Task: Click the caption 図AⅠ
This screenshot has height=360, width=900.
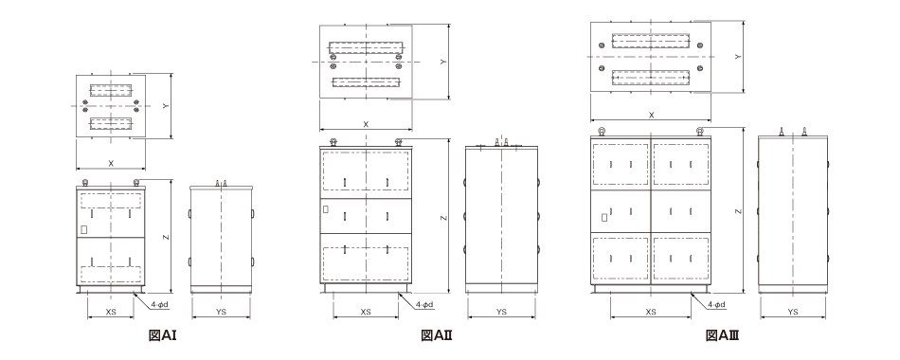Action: point(162,335)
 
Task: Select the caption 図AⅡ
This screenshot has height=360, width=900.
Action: point(437,335)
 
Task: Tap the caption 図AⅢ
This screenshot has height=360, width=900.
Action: point(722,335)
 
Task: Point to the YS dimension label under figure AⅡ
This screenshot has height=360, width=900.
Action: point(501,312)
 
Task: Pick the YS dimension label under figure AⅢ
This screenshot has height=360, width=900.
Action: point(793,312)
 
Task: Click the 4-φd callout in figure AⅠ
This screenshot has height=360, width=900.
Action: point(160,304)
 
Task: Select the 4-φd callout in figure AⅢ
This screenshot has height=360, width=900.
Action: point(716,304)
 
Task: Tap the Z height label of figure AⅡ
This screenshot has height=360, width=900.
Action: point(442,218)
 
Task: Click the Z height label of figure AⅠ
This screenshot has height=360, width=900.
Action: point(165,237)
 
